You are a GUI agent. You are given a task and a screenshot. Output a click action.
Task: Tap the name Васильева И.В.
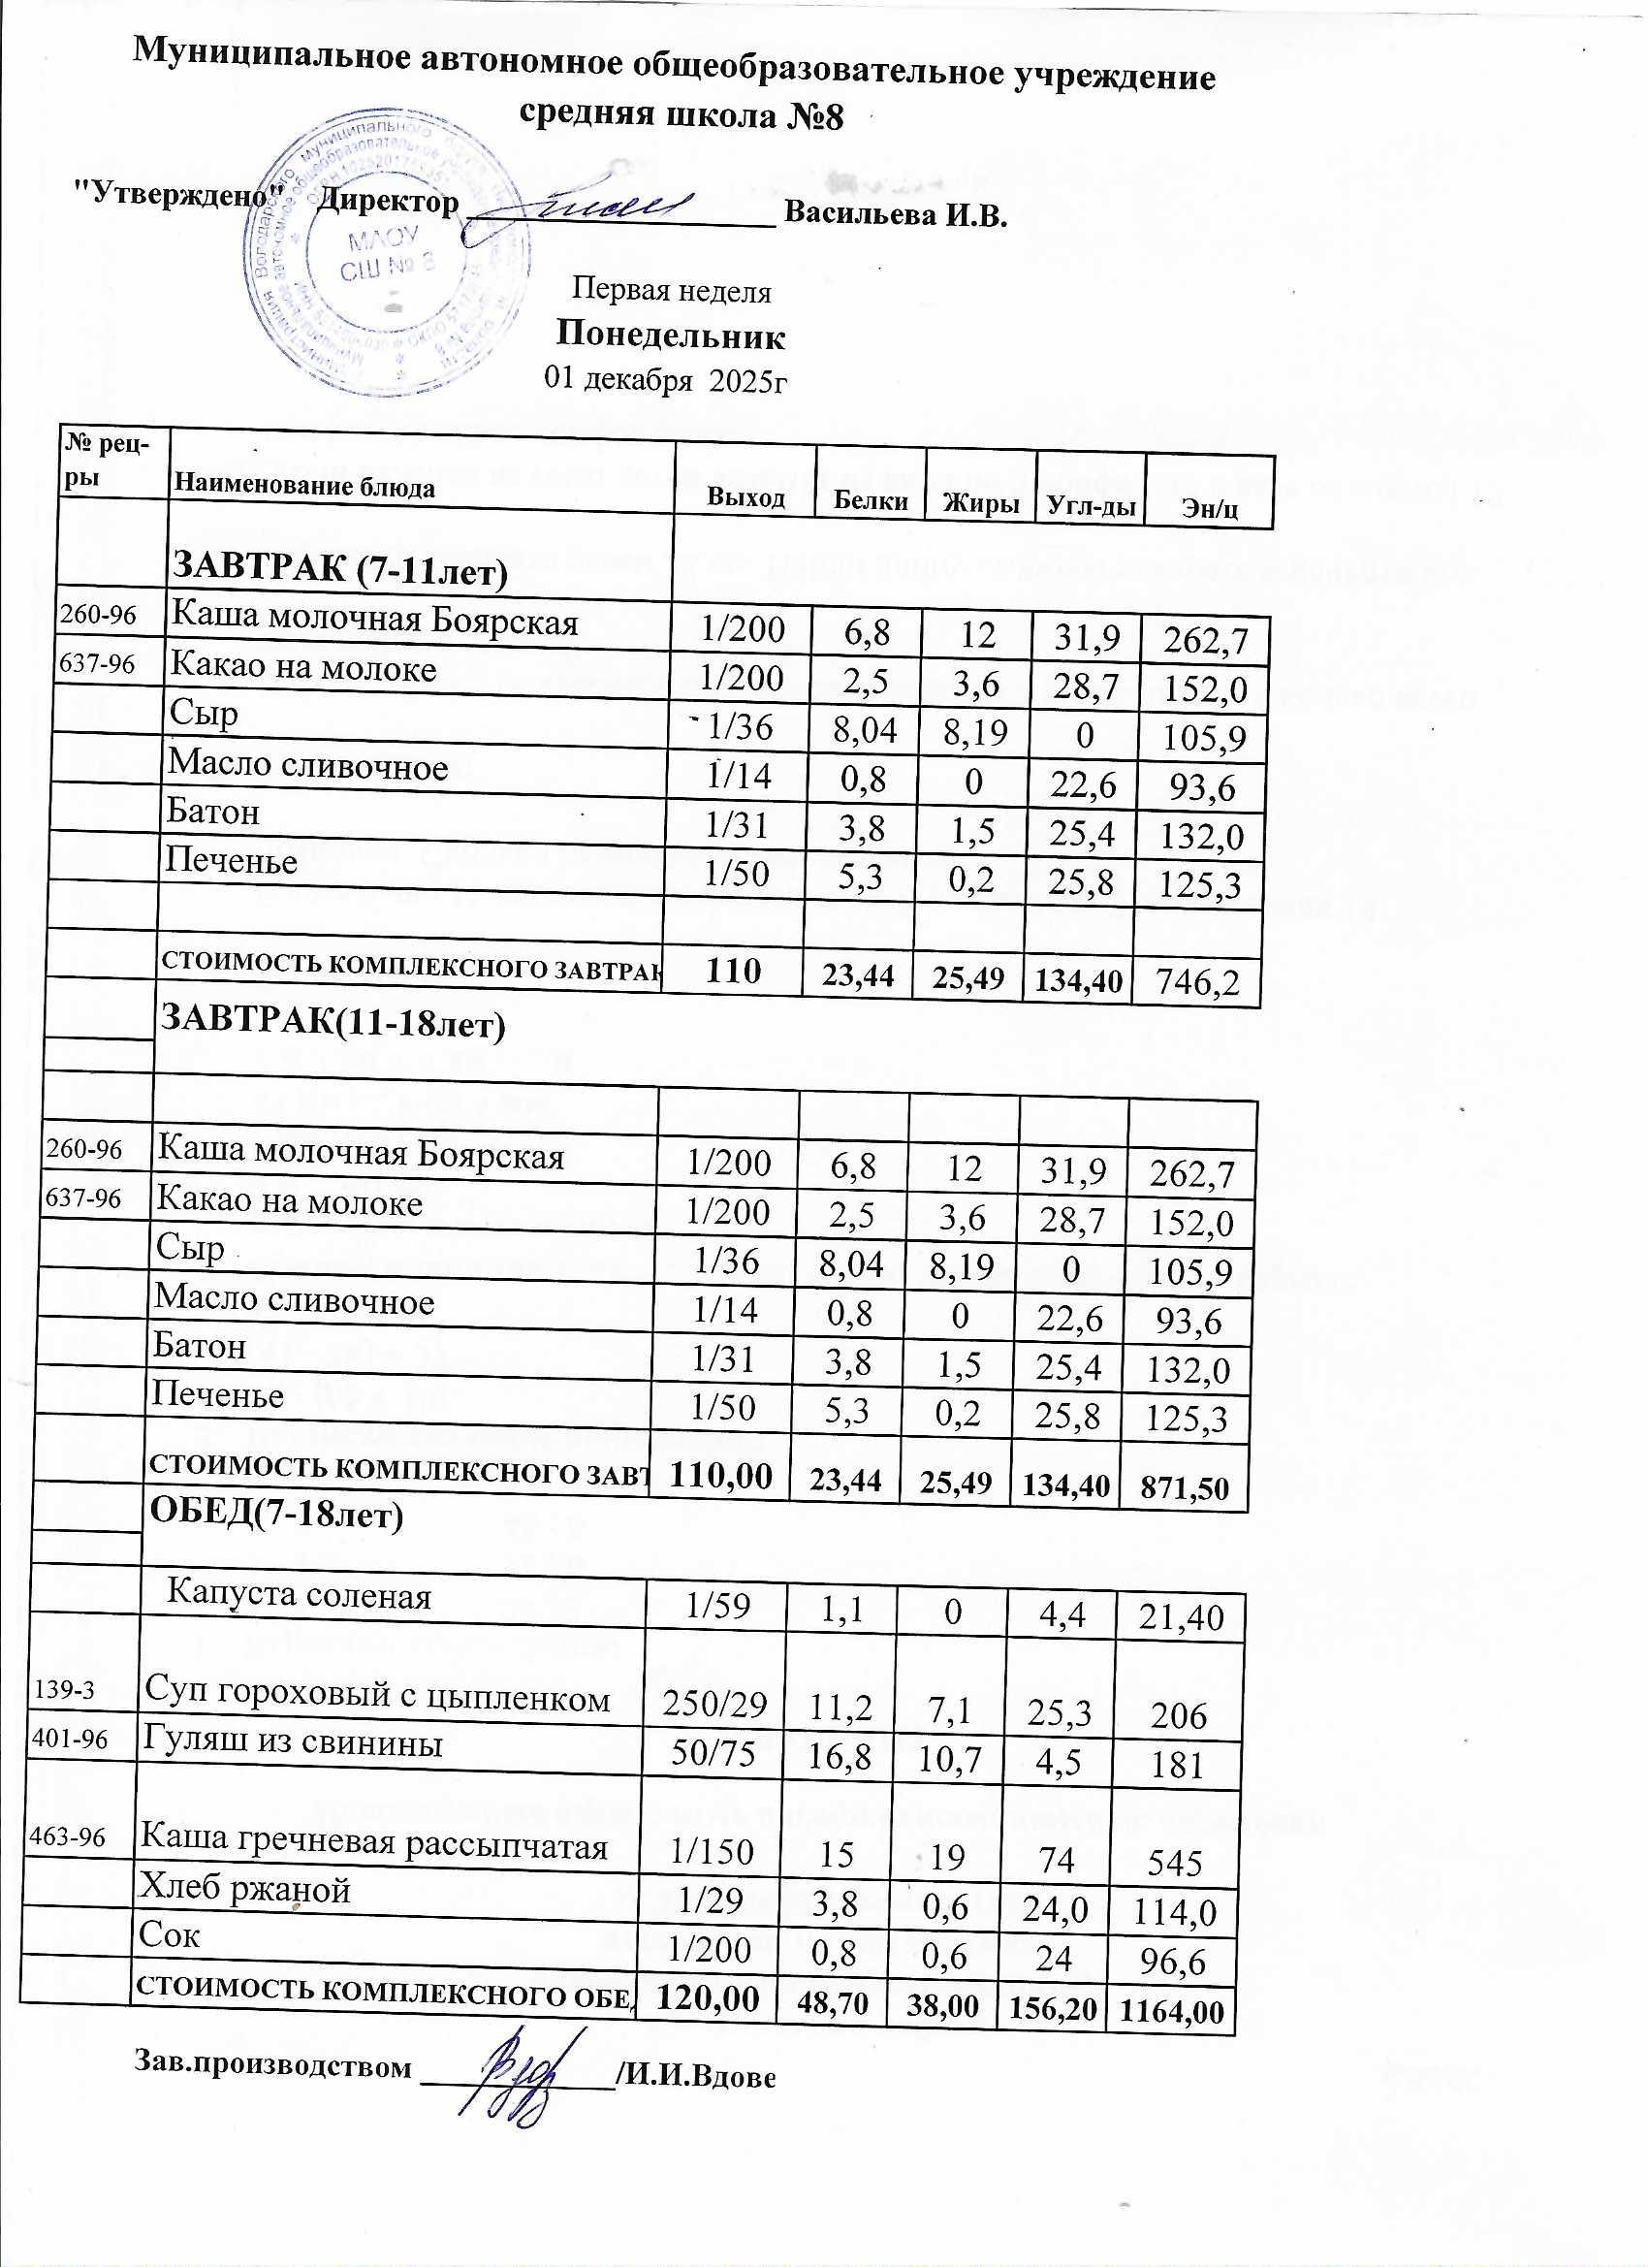[896, 214]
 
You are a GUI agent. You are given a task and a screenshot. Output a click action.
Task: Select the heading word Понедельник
[671, 335]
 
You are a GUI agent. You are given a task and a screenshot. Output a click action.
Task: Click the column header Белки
[871, 500]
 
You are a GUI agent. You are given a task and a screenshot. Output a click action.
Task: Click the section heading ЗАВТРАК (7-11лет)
[341, 569]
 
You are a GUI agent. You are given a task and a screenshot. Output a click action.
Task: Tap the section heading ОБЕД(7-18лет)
[276, 1515]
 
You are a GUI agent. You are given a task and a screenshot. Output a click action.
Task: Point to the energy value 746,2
[1196, 983]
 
